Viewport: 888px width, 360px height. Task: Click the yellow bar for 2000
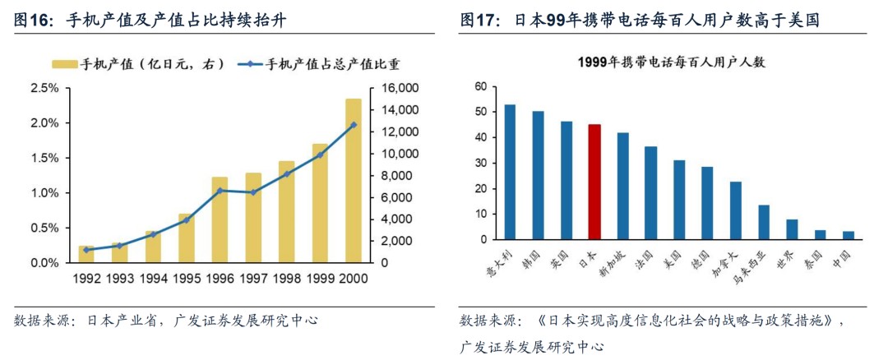[x=353, y=181]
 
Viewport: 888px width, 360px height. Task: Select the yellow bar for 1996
[x=220, y=220]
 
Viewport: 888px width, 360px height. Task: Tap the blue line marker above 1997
[x=253, y=192]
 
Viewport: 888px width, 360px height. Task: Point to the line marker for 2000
[x=354, y=125]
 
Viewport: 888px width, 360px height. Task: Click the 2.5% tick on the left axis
[x=44, y=88]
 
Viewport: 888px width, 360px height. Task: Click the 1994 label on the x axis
[x=154, y=278]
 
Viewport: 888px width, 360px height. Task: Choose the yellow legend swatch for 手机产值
[x=67, y=63]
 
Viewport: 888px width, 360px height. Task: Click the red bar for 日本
[x=594, y=182]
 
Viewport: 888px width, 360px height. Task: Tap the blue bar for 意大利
[x=510, y=172]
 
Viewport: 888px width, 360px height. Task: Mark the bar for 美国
[x=679, y=200]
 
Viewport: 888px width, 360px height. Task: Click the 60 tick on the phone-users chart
[x=482, y=85]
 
